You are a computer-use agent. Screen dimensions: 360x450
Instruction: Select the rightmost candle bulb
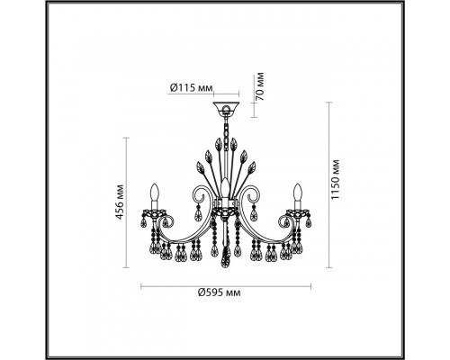coord(294,192)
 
